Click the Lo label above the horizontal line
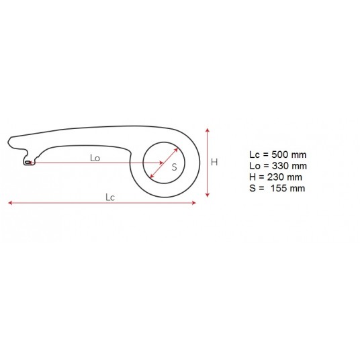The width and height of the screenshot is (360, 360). coord(95,158)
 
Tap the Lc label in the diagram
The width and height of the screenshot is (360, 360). coord(110,197)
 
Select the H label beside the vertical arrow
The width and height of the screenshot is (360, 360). coord(214,162)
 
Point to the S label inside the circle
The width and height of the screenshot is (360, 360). coord(174,167)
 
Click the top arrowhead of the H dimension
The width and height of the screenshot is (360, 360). coord(208,130)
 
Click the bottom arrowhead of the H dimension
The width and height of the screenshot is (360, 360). coord(208,195)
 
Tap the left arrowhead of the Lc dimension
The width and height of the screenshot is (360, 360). coord(10,203)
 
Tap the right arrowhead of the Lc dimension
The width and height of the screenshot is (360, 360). coord(194,203)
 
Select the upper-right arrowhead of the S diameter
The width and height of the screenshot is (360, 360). coord(176,150)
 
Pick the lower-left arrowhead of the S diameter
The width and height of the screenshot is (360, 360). coord(152,176)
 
